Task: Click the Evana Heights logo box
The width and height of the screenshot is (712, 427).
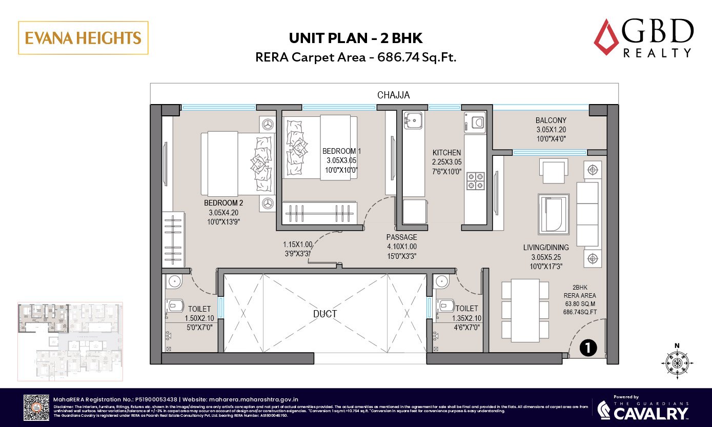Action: tap(83, 38)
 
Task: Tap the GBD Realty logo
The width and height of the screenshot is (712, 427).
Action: tap(643, 38)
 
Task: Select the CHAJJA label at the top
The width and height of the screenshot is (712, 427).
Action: tap(393, 95)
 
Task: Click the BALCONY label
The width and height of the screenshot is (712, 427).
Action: tap(551, 120)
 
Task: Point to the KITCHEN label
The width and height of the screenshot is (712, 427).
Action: tap(446, 153)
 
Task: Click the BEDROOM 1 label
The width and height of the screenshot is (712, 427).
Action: tap(341, 151)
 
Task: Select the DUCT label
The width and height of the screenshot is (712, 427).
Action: tap(325, 314)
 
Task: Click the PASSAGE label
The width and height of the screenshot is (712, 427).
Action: tap(401, 237)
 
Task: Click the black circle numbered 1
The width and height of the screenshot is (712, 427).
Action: tap(588, 348)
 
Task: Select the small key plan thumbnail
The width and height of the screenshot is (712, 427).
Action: tap(70, 341)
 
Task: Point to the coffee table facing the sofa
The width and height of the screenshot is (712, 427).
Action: tap(553, 213)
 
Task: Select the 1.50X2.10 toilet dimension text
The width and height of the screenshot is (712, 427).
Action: tap(199, 318)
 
